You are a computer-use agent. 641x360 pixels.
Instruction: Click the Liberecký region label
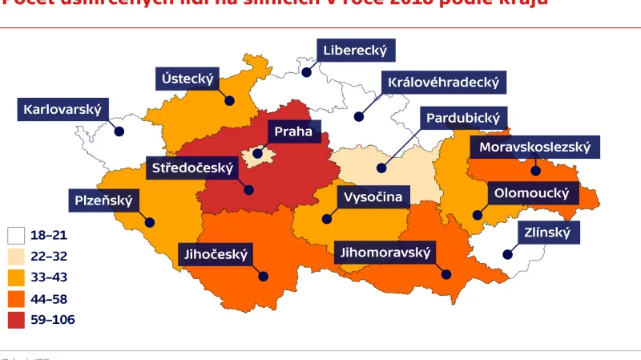tap(355, 51)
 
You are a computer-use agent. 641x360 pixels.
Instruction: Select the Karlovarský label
tap(62, 110)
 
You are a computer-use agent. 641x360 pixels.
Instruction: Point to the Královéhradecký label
tap(443, 82)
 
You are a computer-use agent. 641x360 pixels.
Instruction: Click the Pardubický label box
tap(463, 119)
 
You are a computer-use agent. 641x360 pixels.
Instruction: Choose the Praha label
tap(292, 131)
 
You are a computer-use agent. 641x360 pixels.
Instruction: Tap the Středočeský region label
tap(192, 168)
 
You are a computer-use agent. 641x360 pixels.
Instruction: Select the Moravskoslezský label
tap(534, 147)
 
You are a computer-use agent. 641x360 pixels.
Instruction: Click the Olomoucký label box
tap(531, 193)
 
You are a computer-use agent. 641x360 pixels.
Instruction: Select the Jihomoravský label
tap(385, 253)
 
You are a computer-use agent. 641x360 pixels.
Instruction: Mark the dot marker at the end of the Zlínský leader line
tap(507, 254)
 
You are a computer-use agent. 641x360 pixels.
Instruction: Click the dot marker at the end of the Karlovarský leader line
tap(119, 131)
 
